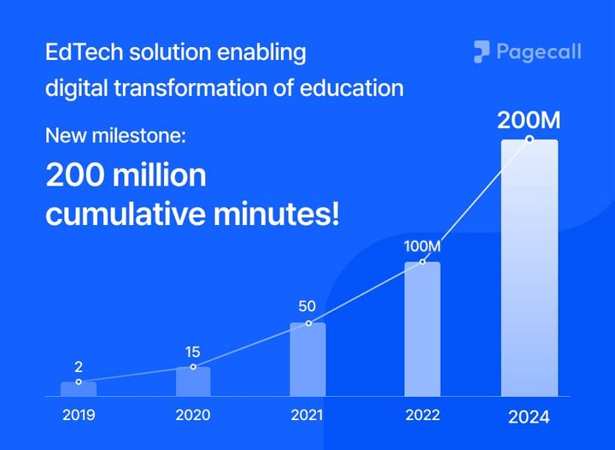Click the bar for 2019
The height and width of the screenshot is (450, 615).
[78, 389]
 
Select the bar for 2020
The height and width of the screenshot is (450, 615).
[193, 382]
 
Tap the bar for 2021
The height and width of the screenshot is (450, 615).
[307, 360]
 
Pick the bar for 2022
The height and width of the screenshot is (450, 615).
[422, 329]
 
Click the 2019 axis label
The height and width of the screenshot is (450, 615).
[79, 416]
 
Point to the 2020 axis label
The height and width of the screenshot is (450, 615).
[192, 416]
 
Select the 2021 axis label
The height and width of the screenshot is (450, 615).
[307, 416]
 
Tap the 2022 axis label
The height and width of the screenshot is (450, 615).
[423, 416]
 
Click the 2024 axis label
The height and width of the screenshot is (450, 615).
[530, 417]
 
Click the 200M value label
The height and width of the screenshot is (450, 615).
[530, 120]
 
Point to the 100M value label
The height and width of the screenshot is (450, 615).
[423, 246]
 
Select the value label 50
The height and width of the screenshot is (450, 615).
[307, 306]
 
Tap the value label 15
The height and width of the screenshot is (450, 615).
[193, 352]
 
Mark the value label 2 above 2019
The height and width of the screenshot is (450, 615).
[78, 366]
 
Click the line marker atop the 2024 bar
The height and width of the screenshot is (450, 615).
[530, 139]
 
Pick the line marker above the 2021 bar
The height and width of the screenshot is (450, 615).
[308, 323]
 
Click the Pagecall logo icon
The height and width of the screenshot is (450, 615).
[482, 52]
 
